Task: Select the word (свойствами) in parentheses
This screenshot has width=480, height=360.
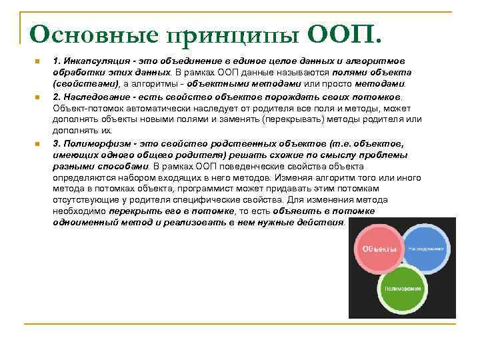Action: pos(86,83)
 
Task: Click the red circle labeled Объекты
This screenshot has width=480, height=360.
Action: pos(380,249)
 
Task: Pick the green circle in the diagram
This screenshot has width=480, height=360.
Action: pos(403,289)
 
